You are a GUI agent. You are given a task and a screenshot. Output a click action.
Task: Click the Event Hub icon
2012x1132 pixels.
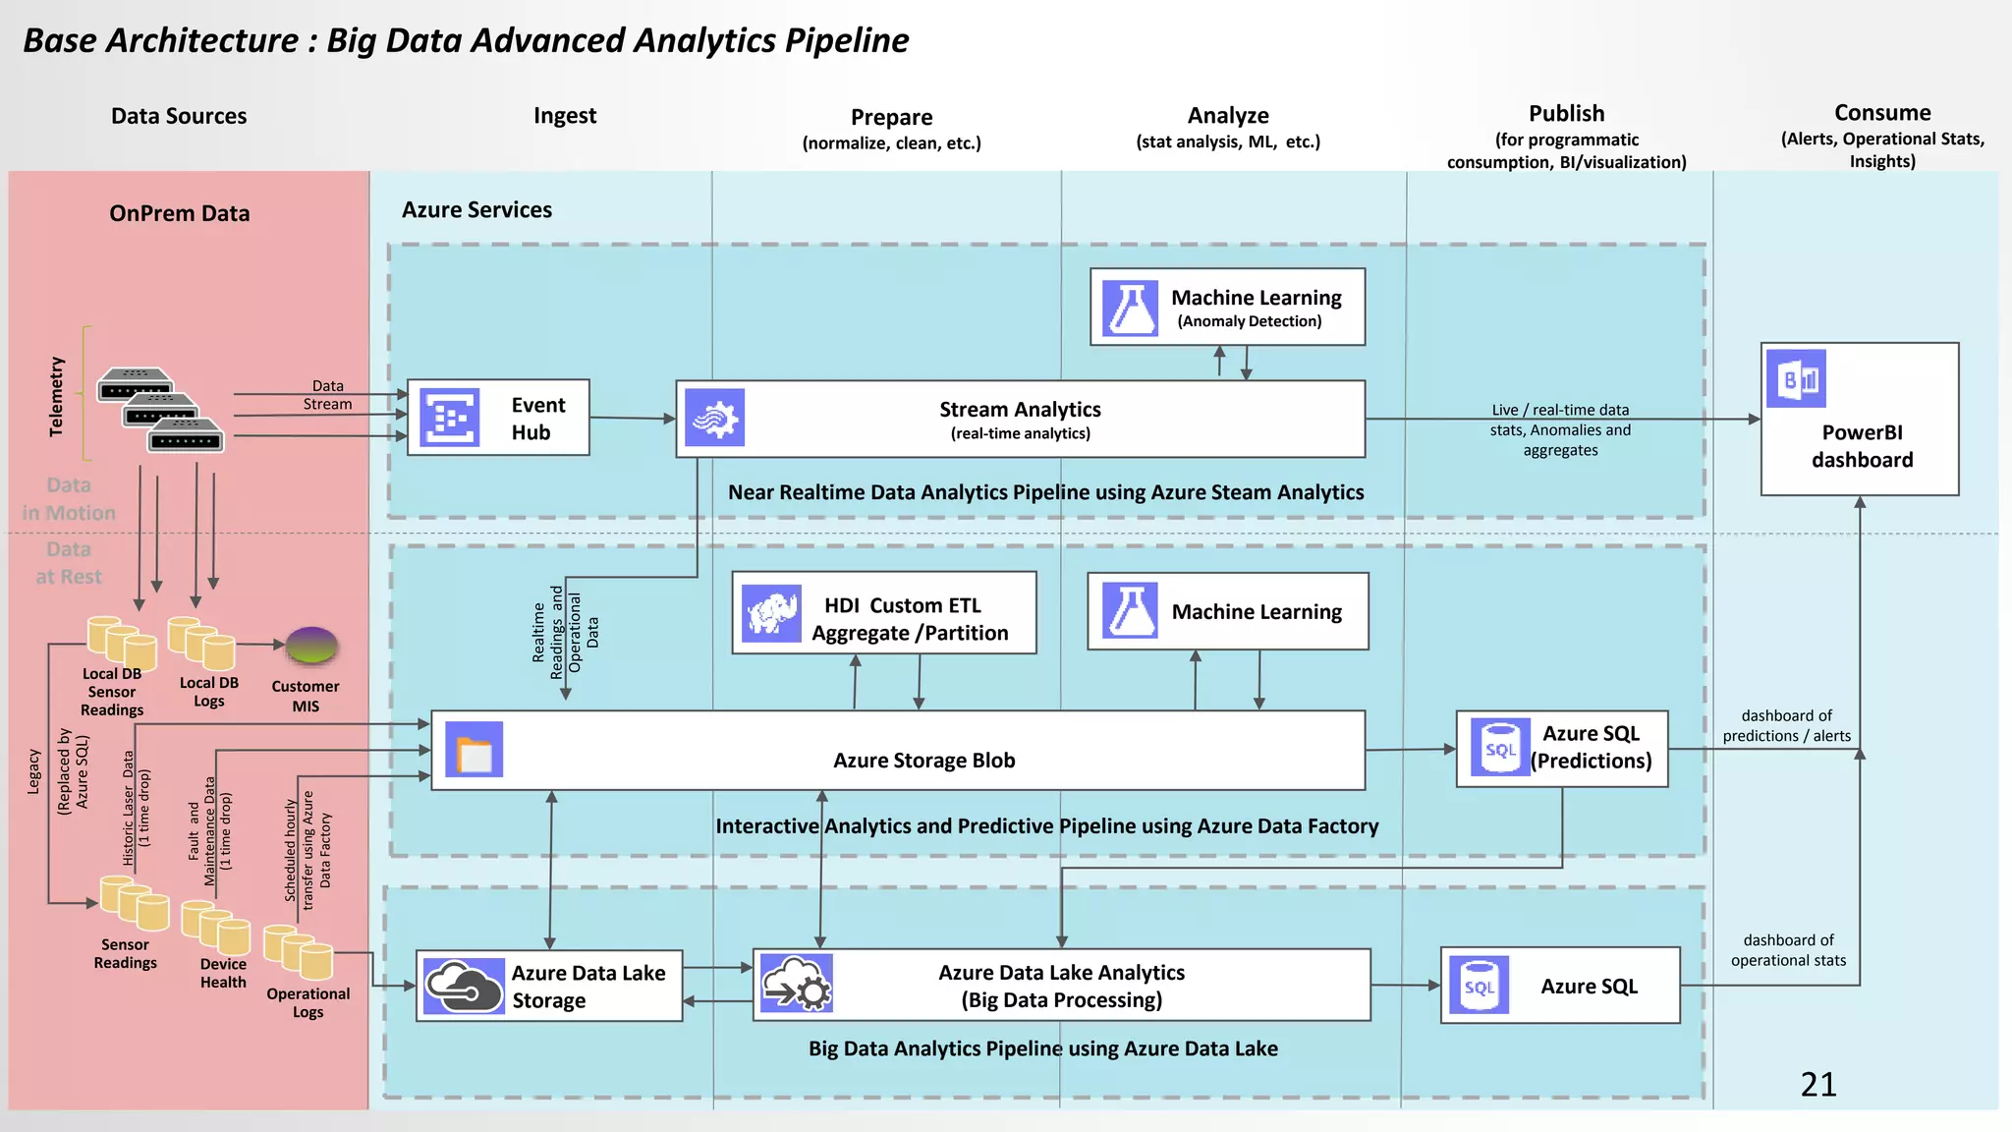pyautogui.click(x=449, y=418)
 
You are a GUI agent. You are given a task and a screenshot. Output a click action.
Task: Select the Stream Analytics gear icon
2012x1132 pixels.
pyautogui.click(x=714, y=418)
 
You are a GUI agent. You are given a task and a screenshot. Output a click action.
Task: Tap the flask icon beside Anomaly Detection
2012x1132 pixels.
pyautogui.click(x=1130, y=308)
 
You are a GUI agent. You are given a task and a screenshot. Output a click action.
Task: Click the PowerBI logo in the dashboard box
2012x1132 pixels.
pyautogui.click(x=1797, y=378)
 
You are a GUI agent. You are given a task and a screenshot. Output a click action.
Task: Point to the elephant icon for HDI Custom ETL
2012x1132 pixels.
pyautogui.click(x=771, y=613)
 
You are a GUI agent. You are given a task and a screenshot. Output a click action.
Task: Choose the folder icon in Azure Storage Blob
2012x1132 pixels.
pyautogui.click(x=474, y=750)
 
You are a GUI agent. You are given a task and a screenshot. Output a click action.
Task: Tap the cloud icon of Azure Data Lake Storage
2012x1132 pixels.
pyautogui.click(x=464, y=986)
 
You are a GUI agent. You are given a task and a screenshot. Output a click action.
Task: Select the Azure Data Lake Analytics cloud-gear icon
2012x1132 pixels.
pyautogui.click(x=797, y=984)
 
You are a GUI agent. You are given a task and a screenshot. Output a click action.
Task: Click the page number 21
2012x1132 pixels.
pyautogui.click(x=1817, y=1084)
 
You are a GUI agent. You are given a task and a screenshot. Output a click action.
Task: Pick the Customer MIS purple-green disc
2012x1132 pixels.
pyautogui.click(x=311, y=646)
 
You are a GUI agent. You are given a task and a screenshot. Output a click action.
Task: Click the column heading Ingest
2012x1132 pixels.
pyautogui.click(x=564, y=116)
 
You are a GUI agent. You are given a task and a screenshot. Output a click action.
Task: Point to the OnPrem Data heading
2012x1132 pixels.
pyautogui.click(x=179, y=213)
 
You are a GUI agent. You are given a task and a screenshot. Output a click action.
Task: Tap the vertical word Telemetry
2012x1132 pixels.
pyautogui.click(x=56, y=396)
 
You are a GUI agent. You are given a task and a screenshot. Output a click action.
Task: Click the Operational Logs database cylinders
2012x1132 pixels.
pyautogui.click(x=299, y=951)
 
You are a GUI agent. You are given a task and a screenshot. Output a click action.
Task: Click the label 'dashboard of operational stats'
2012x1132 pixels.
pyautogui.click(x=1788, y=950)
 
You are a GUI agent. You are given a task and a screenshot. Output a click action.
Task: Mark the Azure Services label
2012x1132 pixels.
pyautogui.click(x=476, y=209)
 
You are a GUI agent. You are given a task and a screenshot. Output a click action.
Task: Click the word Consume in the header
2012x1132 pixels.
pyautogui.click(x=1881, y=113)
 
